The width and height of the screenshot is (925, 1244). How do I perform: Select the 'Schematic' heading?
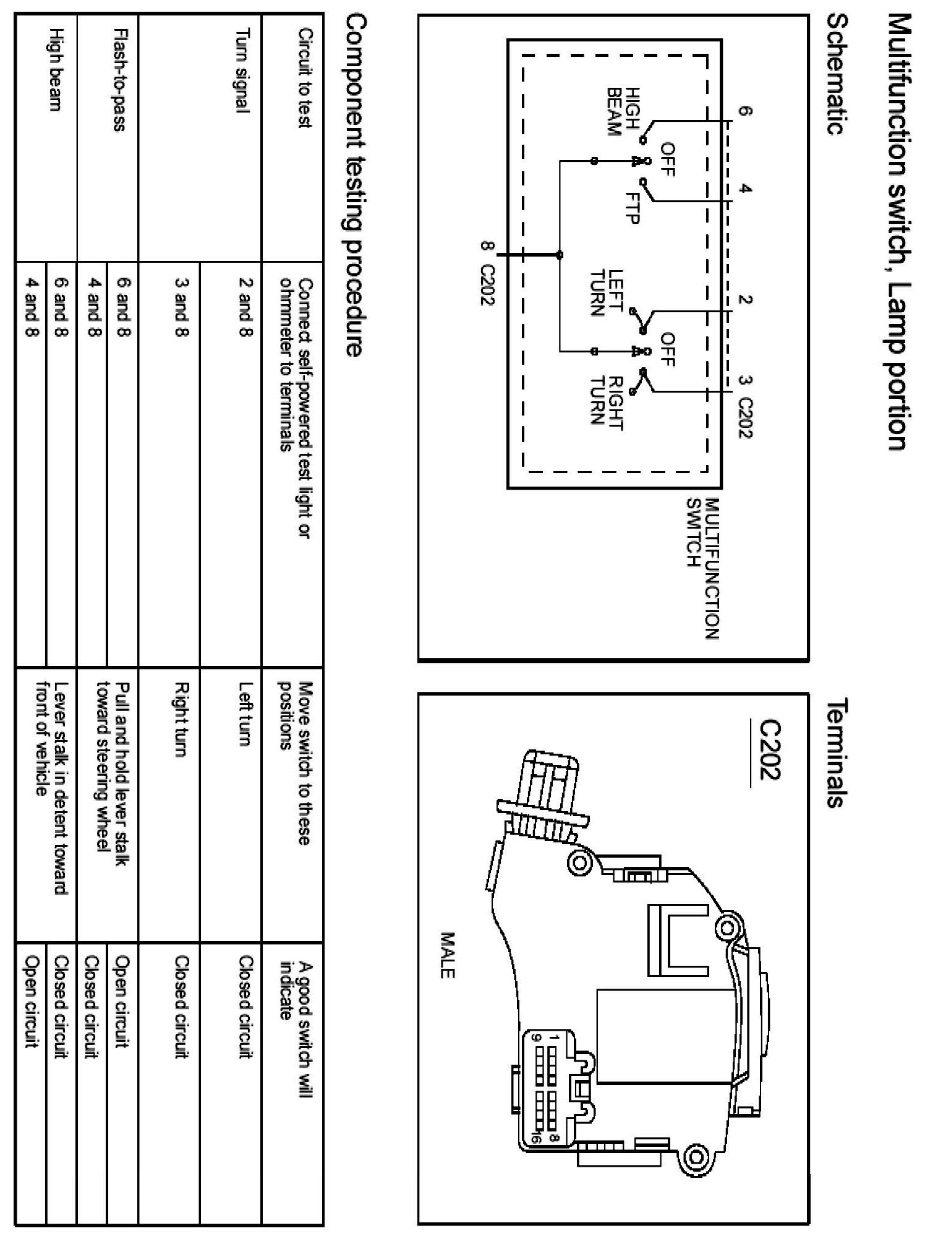coord(836,75)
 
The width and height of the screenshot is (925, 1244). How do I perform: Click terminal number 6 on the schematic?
coord(745,112)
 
